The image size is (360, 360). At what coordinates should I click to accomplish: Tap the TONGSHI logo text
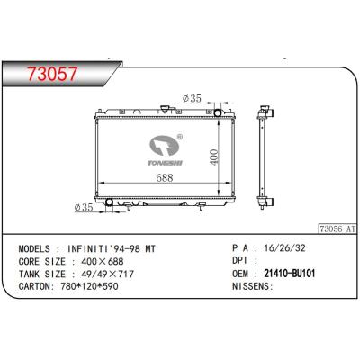pyautogui.click(x=164, y=162)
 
